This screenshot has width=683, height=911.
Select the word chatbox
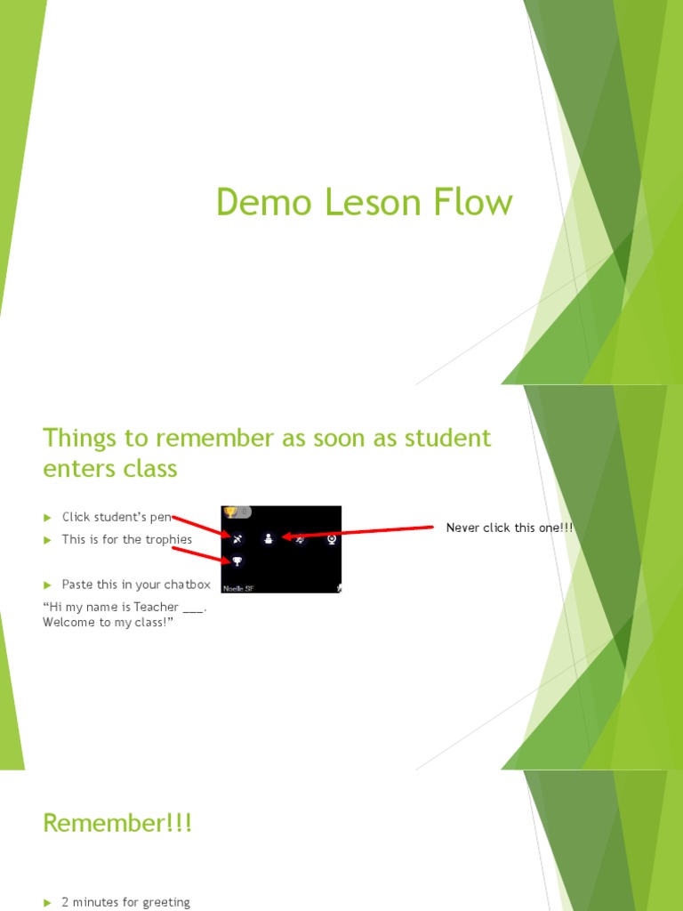coord(187,584)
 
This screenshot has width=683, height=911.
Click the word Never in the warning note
coord(462,528)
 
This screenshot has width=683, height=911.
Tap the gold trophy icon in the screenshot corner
coord(231,512)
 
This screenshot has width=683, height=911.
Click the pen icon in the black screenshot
coord(237,539)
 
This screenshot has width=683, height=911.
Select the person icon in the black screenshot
coord(269,538)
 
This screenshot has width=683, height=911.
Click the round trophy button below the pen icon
coord(237,561)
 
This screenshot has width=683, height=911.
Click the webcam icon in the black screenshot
coord(331,538)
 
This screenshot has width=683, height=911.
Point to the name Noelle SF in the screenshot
coord(237,588)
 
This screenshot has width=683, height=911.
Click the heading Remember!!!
coord(117,824)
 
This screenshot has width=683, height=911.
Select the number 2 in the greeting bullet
coord(65,902)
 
